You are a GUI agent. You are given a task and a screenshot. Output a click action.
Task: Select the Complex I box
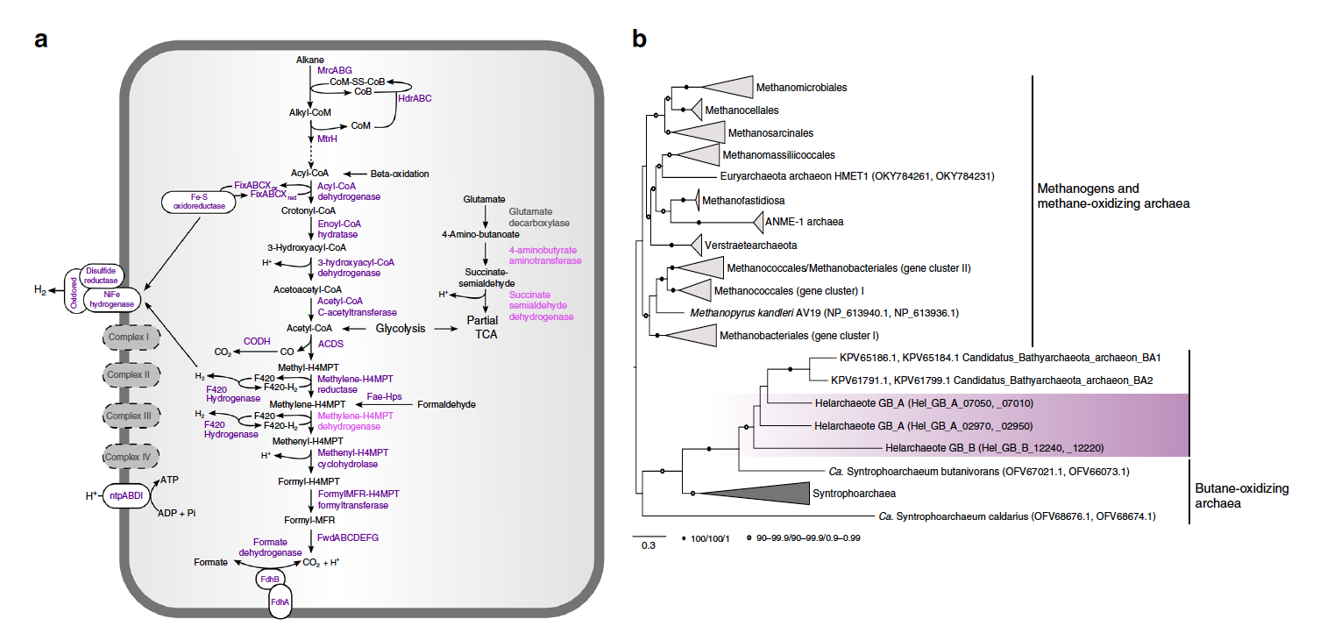pyautogui.click(x=128, y=336)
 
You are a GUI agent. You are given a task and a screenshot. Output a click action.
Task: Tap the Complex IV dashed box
pyautogui.click(x=128, y=456)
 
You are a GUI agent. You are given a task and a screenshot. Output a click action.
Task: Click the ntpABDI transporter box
pyautogui.click(x=128, y=495)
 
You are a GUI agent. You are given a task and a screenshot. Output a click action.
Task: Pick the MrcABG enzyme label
pyautogui.click(x=335, y=69)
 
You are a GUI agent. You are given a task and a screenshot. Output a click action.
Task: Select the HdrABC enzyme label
pyautogui.click(x=415, y=99)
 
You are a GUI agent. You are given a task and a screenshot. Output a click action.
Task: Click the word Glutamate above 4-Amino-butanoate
pyautogui.click(x=485, y=201)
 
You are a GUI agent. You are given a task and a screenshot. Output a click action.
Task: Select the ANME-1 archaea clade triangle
pyautogui.click(x=774, y=222)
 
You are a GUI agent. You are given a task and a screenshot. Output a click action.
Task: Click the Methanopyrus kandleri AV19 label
pyautogui.click(x=819, y=312)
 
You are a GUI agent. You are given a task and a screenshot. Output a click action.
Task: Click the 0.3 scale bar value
pyautogui.click(x=648, y=545)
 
